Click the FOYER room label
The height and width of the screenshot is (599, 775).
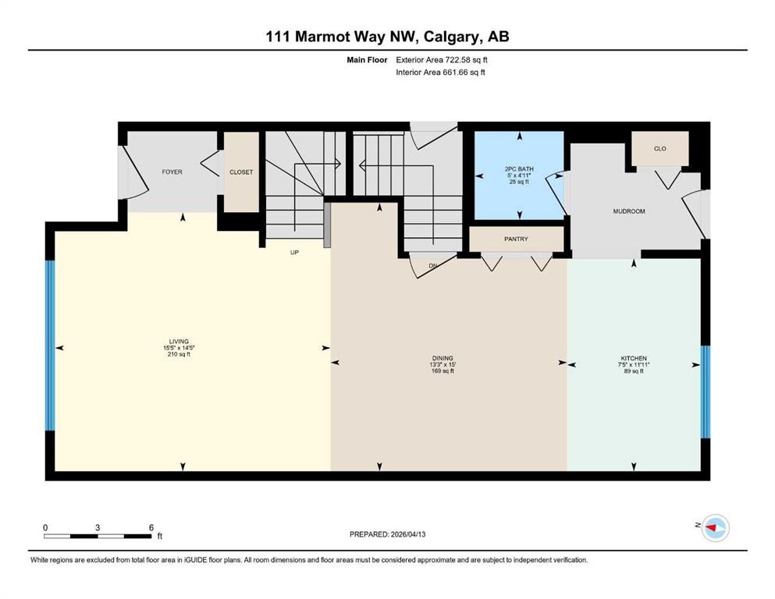(172, 172)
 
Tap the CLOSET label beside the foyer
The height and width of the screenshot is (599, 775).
(241, 172)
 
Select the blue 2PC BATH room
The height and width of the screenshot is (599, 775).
(519, 176)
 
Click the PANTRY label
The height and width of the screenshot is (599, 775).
(517, 239)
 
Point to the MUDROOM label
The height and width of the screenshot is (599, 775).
(628, 211)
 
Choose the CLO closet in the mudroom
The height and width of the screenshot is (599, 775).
(659, 149)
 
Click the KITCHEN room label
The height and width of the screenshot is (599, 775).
(633, 359)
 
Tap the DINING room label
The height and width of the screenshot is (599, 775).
(443, 359)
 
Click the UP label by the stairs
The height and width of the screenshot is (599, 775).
(294, 252)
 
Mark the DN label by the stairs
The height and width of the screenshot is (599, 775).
(434, 266)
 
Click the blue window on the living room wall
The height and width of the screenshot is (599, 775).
(50, 345)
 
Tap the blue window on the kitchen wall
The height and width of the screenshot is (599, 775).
(706, 392)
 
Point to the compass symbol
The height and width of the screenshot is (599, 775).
(714, 528)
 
